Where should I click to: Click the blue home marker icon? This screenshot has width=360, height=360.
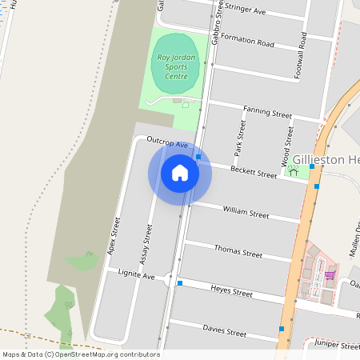pyautogui.click(x=180, y=173)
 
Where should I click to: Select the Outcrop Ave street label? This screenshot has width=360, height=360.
pyautogui.click(x=166, y=145)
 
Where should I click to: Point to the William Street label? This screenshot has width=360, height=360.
pyautogui.click(x=246, y=214)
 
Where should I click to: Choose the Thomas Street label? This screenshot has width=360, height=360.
pyautogui.click(x=238, y=252)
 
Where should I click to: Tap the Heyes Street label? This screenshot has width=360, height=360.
pyautogui.click(x=231, y=292)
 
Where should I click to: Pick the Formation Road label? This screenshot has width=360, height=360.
pyautogui.click(x=247, y=42)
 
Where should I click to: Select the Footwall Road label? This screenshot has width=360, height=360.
pyautogui.click(x=304, y=53)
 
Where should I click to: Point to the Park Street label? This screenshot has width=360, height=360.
pyautogui.click(x=238, y=137)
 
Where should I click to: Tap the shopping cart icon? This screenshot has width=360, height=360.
pyautogui.click(x=330, y=275)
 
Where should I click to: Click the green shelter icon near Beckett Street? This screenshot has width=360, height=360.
pyautogui.click(x=293, y=170)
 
